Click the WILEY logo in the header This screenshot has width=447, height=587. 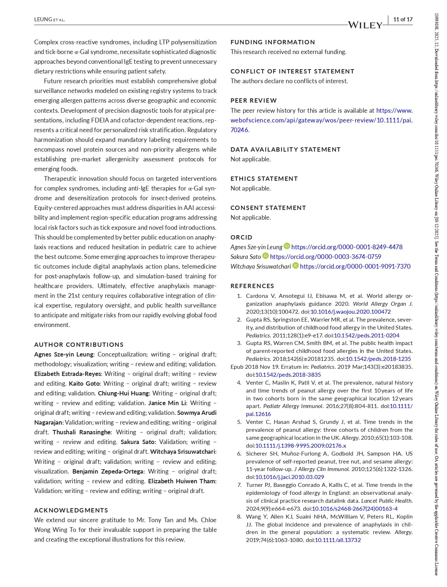[365, 25]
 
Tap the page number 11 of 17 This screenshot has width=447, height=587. [403, 19]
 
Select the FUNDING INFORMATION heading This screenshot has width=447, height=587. [273, 42]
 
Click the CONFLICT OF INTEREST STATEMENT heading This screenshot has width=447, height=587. [292, 71]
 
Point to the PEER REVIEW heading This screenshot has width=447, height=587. [254, 100]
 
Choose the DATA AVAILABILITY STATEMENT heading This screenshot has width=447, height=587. [285, 149]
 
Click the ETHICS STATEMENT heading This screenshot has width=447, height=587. [264, 179]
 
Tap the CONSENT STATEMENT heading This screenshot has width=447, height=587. [268, 208]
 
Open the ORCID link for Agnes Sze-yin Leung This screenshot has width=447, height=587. [347, 247]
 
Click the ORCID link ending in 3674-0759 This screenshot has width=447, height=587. [325, 257]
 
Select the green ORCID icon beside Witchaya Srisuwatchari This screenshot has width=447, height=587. [296, 266]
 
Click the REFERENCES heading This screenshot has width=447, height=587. [252, 286]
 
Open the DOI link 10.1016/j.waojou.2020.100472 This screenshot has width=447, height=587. [350, 312]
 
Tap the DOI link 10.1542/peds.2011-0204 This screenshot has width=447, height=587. [366, 335]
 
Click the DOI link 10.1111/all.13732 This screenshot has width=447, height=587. [338, 540]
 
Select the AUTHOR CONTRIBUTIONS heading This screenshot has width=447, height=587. [79, 345]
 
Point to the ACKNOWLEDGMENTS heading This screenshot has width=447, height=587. [71, 510]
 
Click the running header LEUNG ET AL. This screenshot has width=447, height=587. [49, 19]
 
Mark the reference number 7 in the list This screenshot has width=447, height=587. [239, 485]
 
